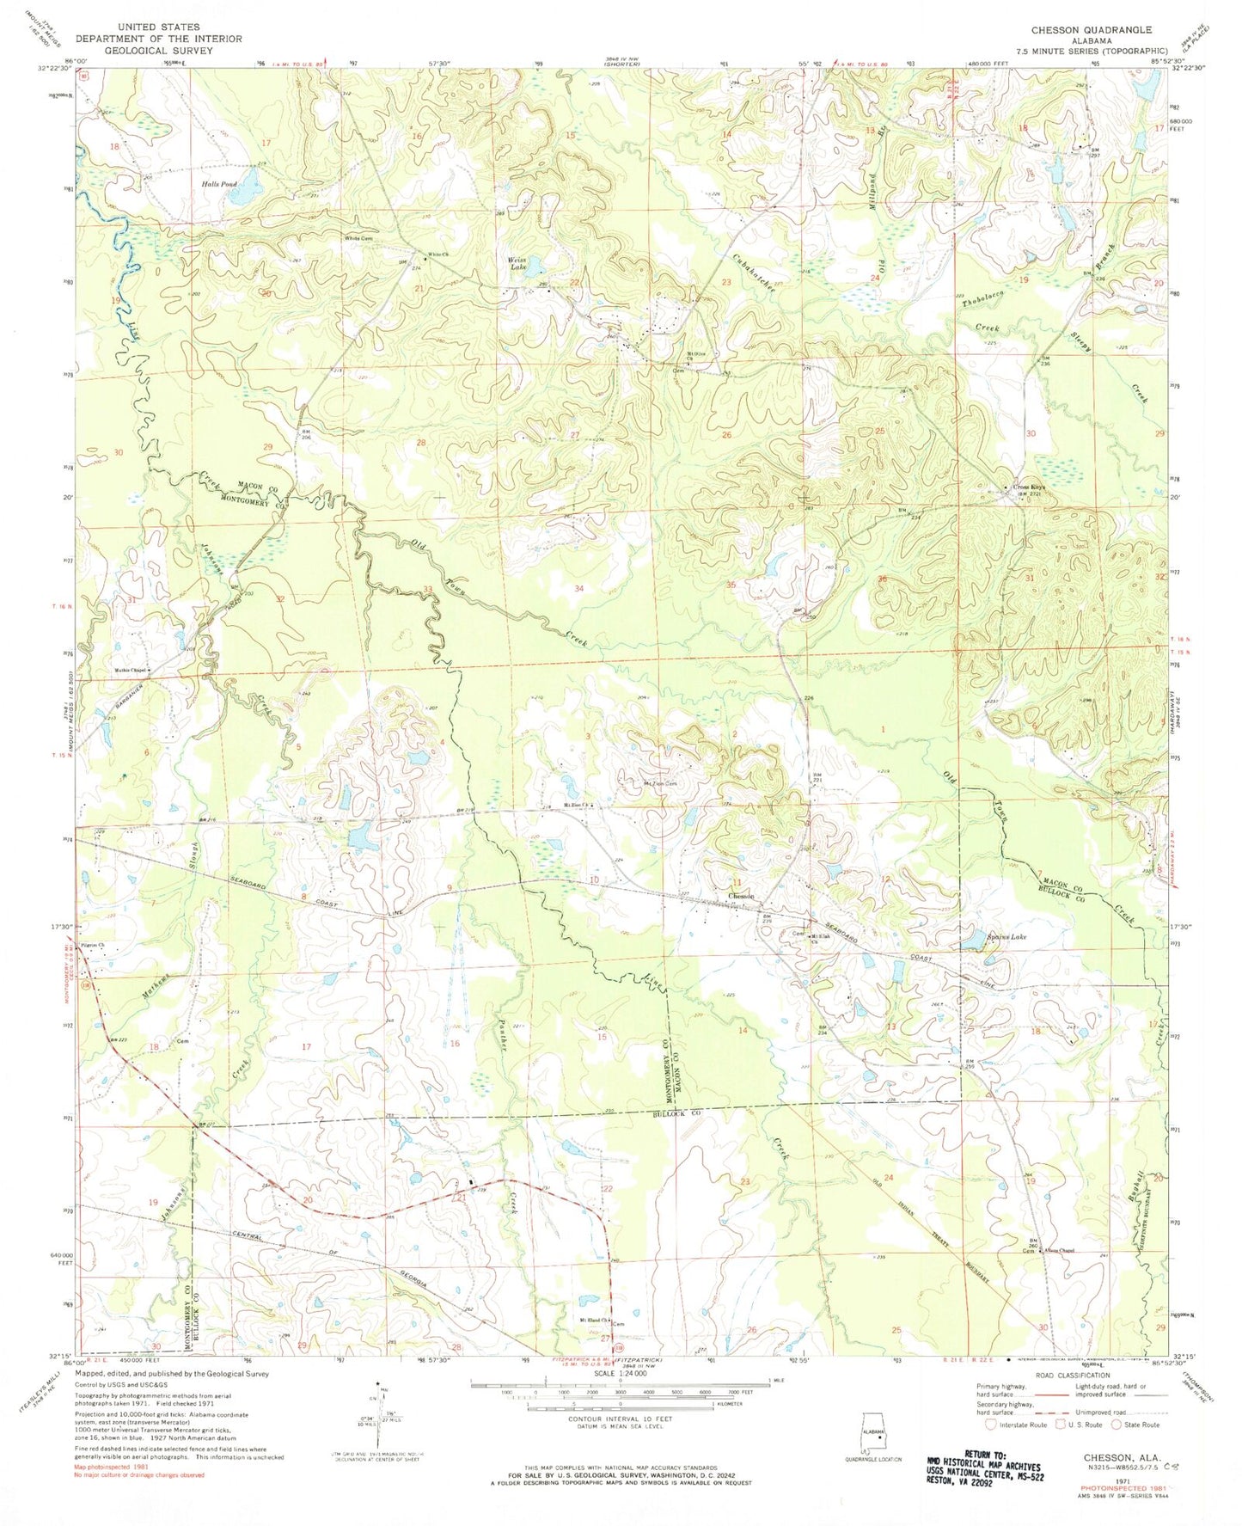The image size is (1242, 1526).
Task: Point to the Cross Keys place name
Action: pyautogui.click(x=1029, y=488)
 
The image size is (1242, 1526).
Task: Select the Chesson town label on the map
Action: pyautogui.click(x=741, y=897)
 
